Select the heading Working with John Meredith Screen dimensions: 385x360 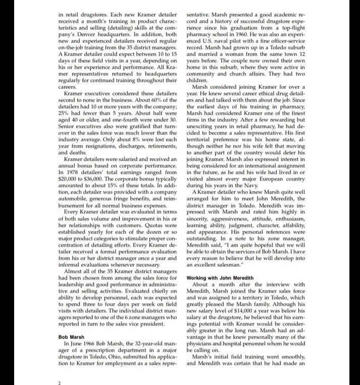(x=220, y=278)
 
